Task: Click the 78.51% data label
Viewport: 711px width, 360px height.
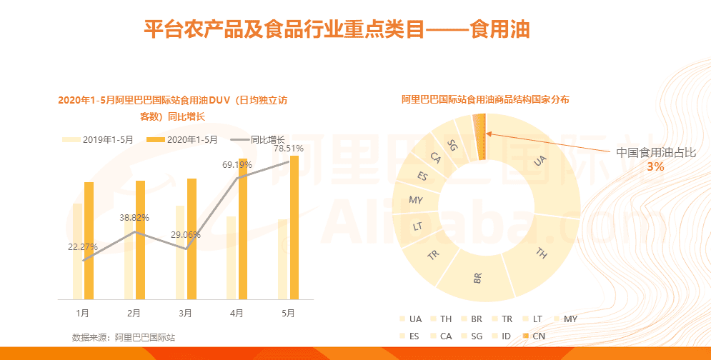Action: tap(289, 149)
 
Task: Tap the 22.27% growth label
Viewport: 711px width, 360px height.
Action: tap(83, 247)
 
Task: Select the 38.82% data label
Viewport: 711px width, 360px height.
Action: tap(134, 217)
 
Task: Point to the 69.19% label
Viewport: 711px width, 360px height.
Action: tap(237, 165)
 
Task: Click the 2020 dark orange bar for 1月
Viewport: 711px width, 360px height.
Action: tap(89, 241)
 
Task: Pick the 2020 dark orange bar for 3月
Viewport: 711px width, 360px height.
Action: tap(192, 239)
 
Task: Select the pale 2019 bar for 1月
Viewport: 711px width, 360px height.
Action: tap(77, 251)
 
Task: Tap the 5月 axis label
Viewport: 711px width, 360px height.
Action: tap(288, 313)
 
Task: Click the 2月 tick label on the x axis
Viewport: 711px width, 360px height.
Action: tap(134, 313)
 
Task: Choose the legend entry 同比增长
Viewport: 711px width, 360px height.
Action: tap(269, 139)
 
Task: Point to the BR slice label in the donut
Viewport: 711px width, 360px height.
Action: tap(477, 277)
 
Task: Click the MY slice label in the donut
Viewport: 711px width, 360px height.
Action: tap(416, 200)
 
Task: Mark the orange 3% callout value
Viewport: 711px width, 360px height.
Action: tap(655, 166)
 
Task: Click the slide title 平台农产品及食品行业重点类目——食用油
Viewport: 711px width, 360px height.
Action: tap(337, 31)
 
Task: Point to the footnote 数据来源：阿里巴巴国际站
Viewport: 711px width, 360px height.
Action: tap(123, 337)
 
